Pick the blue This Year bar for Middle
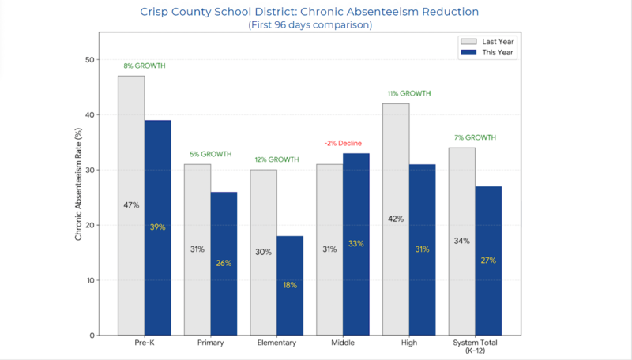pyautogui.click(x=356, y=244)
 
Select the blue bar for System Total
pyautogui.click(x=488, y=261)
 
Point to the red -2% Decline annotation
pyautogui.click(x=343, y=143)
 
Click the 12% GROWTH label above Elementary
pyautogui.click(x=276, y=159)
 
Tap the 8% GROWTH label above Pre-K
pyautogui.click(x=144, y=66)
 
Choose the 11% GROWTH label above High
pyautogui.click(x=409, y=93)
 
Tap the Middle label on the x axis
pyautogui.click(x=343, y=343)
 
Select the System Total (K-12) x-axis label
pyautogui.click(x=475, y=347)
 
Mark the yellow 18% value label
pyautogui.click(x=290, y=285)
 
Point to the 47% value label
pyautogui.click(x=131, y=205)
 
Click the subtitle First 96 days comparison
pyautogui.click(x=310, y=24)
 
